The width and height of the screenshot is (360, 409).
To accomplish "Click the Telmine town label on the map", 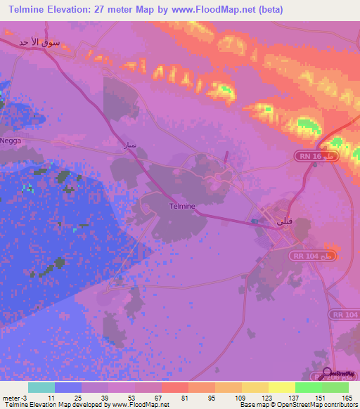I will [x=182, y=206].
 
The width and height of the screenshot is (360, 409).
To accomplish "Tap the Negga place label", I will [x=11, y=141].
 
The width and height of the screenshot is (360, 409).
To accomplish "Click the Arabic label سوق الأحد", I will [x=33, y=42].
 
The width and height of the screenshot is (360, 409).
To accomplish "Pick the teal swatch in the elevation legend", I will [x=41, y=387].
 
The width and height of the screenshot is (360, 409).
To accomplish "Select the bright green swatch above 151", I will [x=308, y=387].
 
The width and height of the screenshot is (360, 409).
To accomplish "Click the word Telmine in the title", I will [x=32, y=10].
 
